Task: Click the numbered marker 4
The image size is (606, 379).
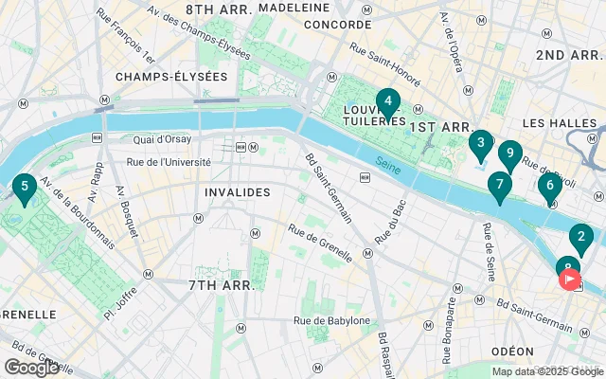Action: (386, 101)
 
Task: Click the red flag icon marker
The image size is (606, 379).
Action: (571, 280)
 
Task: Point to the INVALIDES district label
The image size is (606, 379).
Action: (237, 192)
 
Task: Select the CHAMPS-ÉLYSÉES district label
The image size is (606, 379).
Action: (171, 76)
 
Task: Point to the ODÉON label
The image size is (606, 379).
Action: (513, 351)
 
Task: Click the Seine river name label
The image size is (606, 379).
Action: (386, 163)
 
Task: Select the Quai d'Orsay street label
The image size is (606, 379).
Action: (164, 141)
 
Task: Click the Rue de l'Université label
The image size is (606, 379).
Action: (169, 161)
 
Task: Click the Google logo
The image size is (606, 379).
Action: (31, 368)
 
